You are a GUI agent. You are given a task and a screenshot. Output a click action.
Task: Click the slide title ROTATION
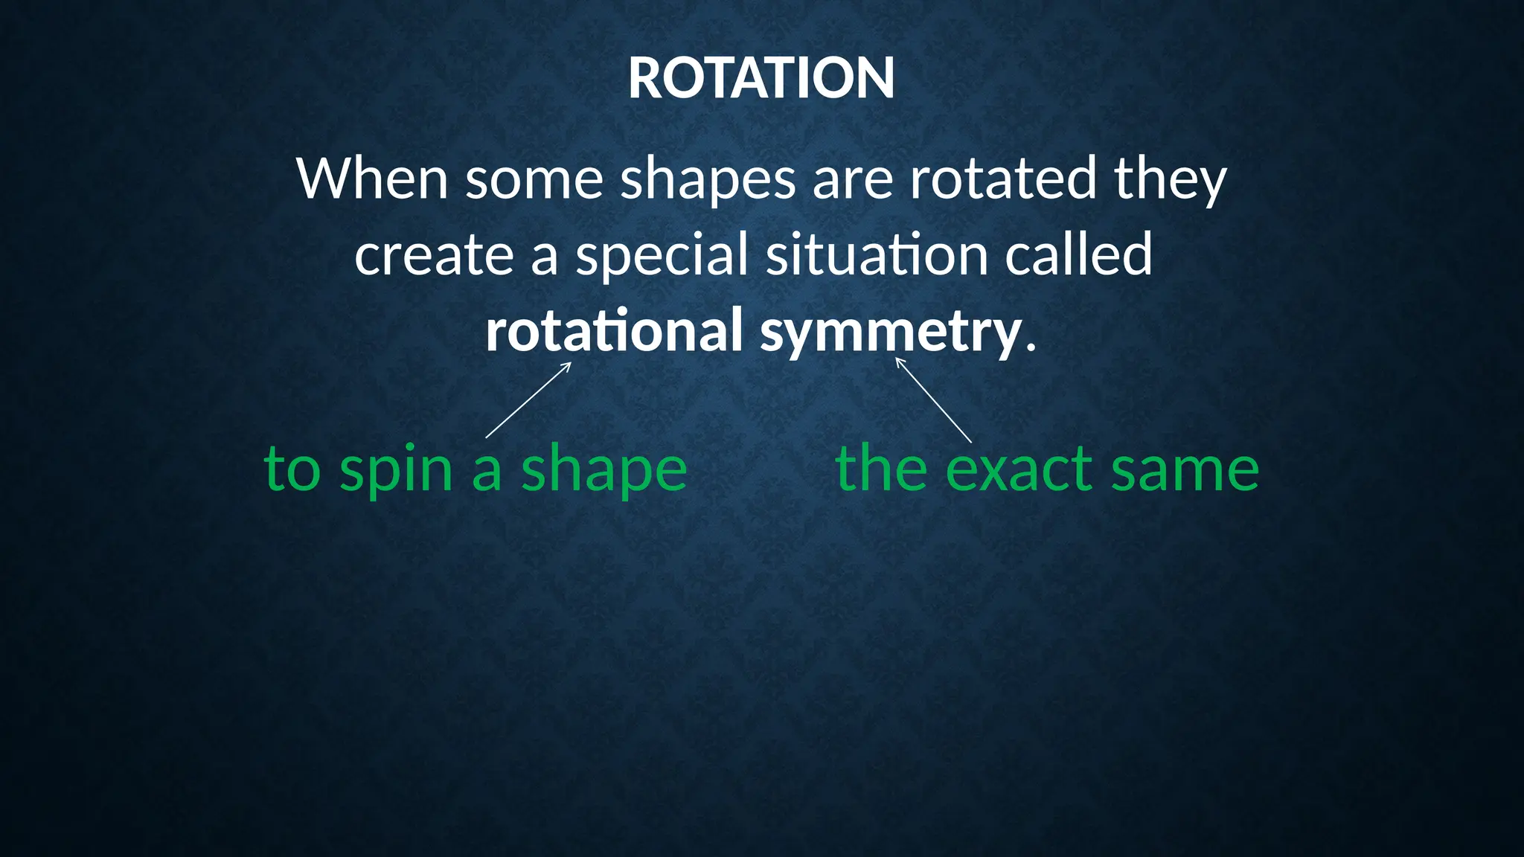click(x=761, y=78)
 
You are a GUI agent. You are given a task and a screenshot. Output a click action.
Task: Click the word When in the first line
click(x=372, y=179)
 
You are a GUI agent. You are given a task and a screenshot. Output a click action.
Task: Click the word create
click(x=434, y=254)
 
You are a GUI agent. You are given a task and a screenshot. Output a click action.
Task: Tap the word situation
click(x=877, y=254)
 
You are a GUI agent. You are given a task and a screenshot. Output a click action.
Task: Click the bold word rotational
click(x=614, y=330)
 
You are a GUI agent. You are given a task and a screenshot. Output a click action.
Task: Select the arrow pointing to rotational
click(x=528, y=399)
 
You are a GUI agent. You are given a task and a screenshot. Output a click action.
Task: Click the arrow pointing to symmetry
click(x=933, y=399)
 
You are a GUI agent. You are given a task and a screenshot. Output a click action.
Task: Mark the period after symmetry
click(x=1031, y=348)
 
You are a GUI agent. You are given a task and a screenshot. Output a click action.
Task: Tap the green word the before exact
click(x=881, y=469)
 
